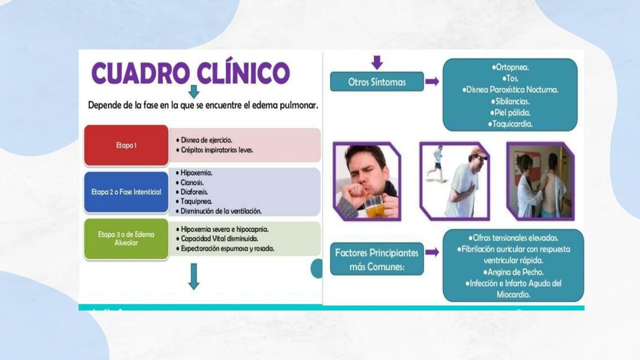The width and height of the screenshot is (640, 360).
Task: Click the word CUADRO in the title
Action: tap(141, 73)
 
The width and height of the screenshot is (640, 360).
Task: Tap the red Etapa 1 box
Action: tap(126, 145)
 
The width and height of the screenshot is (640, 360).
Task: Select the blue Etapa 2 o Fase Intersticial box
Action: tap(126, 192)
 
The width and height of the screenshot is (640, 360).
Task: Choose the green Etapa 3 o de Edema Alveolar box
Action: tap(126, 238)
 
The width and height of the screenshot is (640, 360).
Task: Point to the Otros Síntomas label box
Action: tap(377, 82)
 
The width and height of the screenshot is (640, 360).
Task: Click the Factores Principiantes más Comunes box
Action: tap(377, 259)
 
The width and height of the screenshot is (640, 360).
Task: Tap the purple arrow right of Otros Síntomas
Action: tap(432, 82)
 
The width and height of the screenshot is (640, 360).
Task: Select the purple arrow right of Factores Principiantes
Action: tap(432, 252)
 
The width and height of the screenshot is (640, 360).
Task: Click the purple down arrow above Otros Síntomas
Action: tap(377, 62)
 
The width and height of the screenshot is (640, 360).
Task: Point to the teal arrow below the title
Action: tap(194, 92)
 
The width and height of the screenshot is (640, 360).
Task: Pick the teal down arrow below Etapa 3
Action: tap(194, 276)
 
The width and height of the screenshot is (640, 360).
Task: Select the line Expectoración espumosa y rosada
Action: tap(227, 248)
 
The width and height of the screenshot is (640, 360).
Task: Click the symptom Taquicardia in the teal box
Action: tap(512, 124)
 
